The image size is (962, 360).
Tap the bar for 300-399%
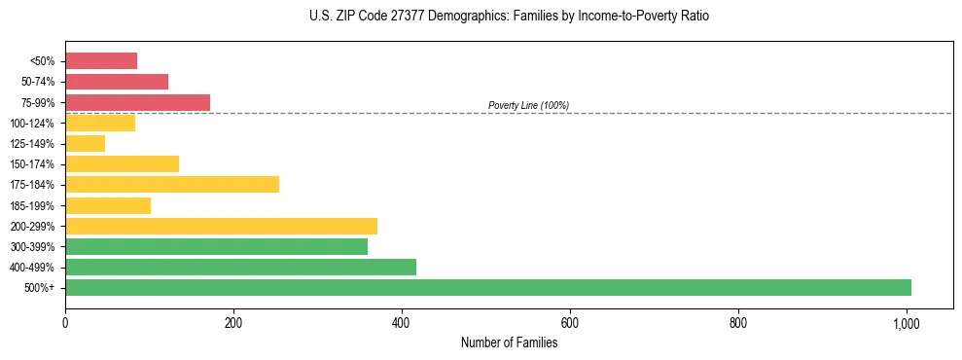click(x=216, y=246)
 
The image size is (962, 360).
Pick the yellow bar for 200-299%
click(x=221, y=226)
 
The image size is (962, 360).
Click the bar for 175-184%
click(x=172, y=185)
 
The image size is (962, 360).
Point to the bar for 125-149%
click(x=85, y=144)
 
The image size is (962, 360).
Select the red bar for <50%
click(x=101, y=61)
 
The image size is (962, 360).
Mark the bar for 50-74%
click(x=117, y=82)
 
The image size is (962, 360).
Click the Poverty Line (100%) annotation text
click(x=528, y=105)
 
